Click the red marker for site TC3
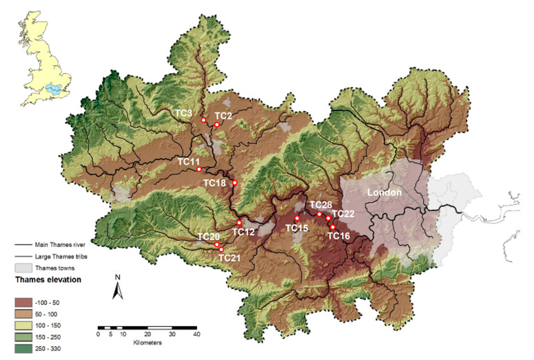tap(204, 120)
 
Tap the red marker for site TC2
tap(216, 125)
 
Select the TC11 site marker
tap(199, 170)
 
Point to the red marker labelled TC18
tap(235, 183)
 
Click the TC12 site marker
tap(239, 223)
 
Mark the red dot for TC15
tap(297, 219)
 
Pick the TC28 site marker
tap(319, 214)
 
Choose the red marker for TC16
tap(333, 227)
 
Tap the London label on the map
tap(384, 192)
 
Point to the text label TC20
tap(208, 237)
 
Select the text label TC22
tap(342, 214)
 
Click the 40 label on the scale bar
tap(196, 334)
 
